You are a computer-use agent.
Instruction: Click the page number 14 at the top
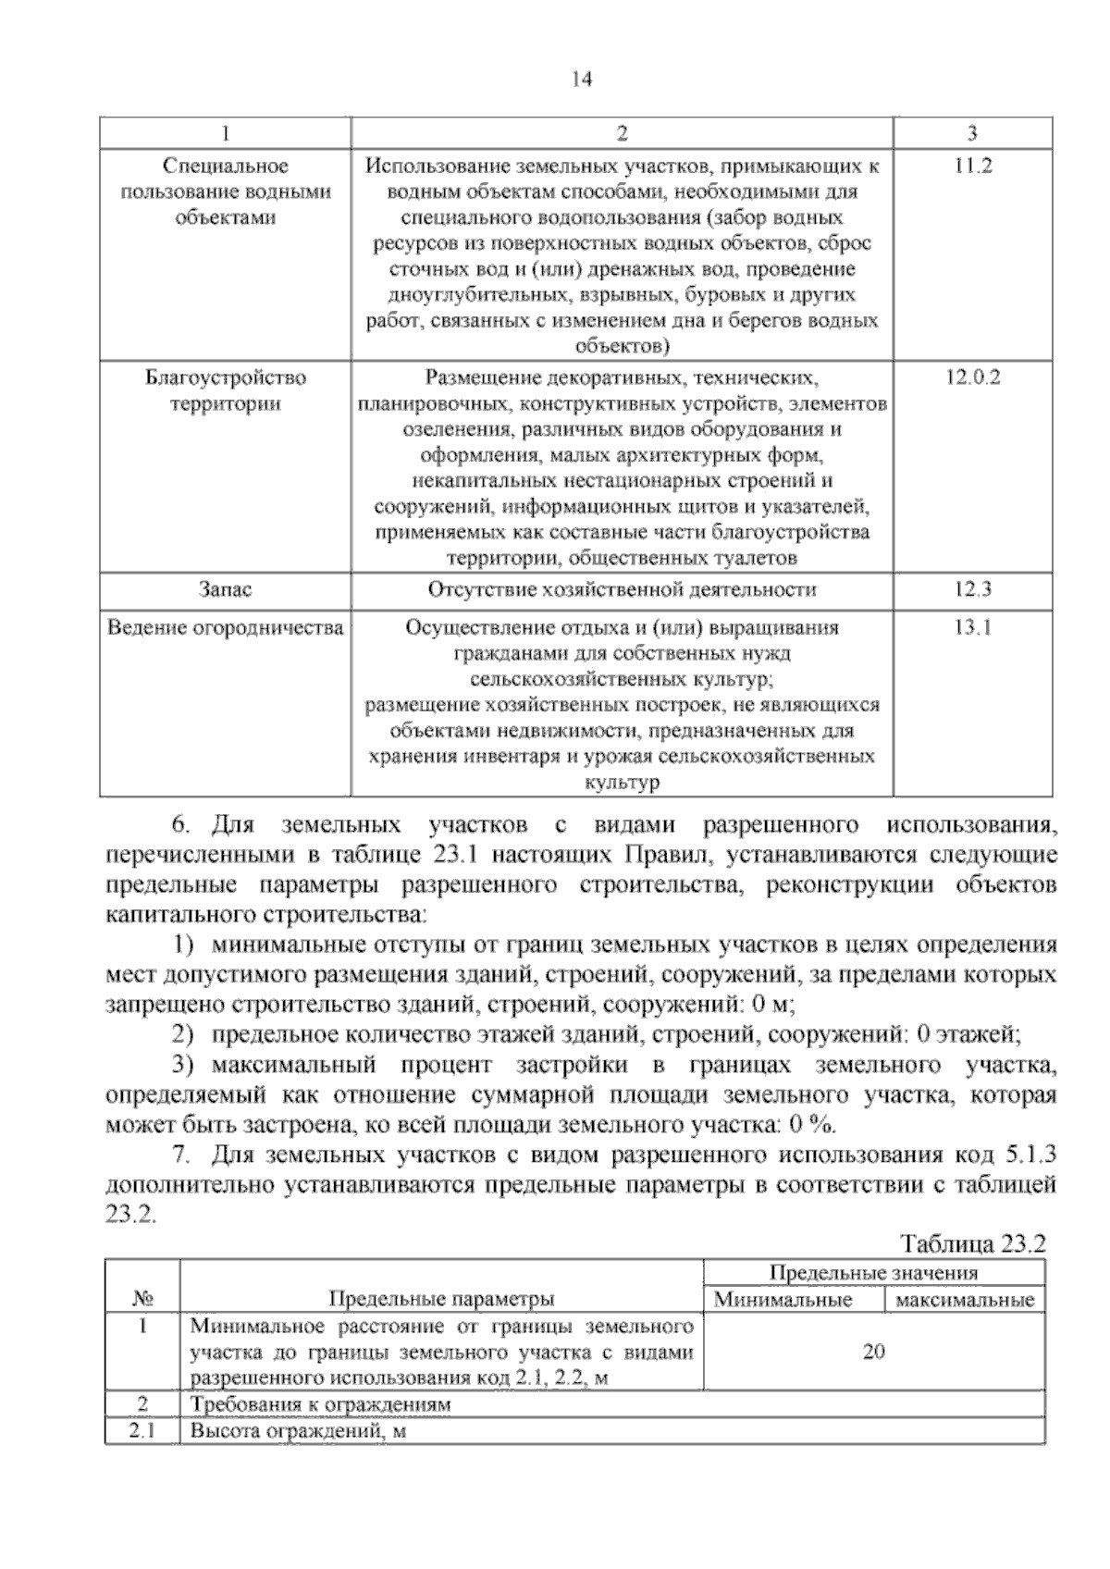[x=581, y=80]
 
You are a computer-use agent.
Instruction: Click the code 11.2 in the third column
[x=972, y=167]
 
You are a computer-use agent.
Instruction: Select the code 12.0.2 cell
[x=972, y=377]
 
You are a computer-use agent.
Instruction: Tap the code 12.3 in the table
[x=972, y=590]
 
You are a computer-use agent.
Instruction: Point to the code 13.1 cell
[x=972, y=628]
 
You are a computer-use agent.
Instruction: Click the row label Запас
[x=225, y=590]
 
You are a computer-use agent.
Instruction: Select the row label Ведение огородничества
[x=225, y=628]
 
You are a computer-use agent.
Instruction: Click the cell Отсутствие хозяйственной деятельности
[x=622, y=590]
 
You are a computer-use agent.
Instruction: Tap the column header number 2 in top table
[x=622, y=133]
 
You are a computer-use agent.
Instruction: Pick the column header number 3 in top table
[x=972, y=133]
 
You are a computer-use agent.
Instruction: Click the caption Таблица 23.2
[x=972, y=1244]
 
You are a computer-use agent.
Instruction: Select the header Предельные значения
[x=873, y=1273]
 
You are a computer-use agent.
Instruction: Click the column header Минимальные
[x=783, y=1300]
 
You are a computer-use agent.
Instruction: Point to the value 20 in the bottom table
[x=873, y=1352]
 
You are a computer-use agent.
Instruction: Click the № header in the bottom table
[x=142, y=1299]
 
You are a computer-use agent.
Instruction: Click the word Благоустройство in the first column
[x=225, y=377]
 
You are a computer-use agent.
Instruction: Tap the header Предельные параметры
[x=441, y=1299]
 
